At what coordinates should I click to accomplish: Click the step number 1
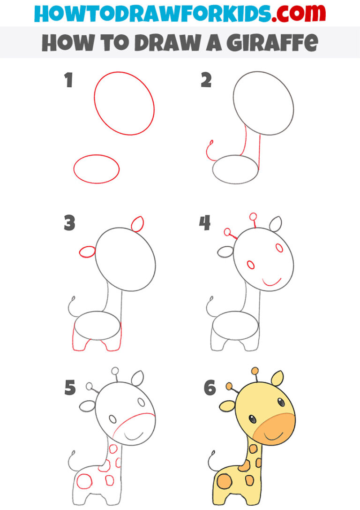point(69,81)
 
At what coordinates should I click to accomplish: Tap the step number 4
point(205,224)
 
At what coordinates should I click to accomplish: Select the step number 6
point(210,388)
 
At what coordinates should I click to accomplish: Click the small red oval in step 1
point(96,169)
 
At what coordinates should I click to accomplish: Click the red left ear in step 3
point(87,252)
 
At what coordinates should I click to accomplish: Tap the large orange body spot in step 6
point(224,482)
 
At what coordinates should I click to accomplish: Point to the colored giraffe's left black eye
point(252,419)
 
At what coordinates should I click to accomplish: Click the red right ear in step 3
point(137,224)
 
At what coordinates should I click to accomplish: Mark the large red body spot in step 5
point(84,482)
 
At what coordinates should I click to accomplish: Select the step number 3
point(69,224)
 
